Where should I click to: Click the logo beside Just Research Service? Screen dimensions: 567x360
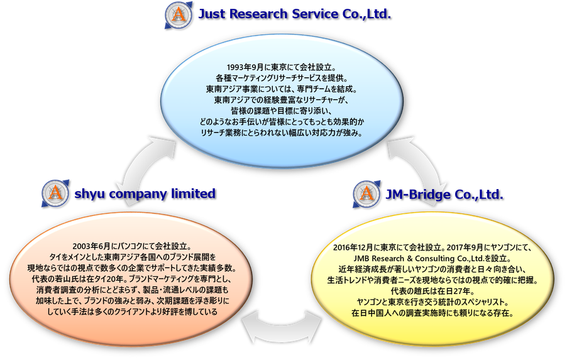point(179,15)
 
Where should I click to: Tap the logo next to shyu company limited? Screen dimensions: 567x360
point(55,194)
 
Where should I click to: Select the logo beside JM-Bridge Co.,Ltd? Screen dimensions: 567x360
point(366,195)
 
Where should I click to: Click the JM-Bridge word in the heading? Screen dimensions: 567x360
point(417,195)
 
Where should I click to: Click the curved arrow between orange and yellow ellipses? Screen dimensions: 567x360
point(282,327)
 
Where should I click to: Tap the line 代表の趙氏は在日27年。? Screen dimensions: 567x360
point(432,291)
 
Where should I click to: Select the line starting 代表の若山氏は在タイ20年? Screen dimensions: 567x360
point(131,279)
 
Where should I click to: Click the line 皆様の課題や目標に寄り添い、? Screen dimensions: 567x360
point(282,111)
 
